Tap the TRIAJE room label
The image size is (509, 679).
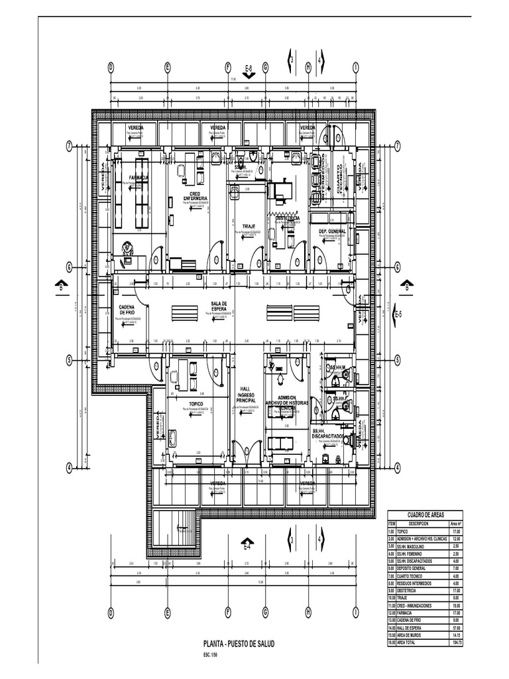(249, 226)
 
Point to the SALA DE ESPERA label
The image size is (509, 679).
(219, 306)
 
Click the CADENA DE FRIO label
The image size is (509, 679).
(127, 310)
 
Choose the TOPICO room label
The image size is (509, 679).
(196, 402)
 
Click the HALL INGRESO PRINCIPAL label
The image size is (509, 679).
(246, 395)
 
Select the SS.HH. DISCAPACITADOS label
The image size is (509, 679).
(327, 433)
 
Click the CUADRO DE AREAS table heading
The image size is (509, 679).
(425, 515)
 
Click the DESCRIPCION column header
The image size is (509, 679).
(418, 523)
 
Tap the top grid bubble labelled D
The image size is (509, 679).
(111, 67)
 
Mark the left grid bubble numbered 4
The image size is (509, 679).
(69, 467)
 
